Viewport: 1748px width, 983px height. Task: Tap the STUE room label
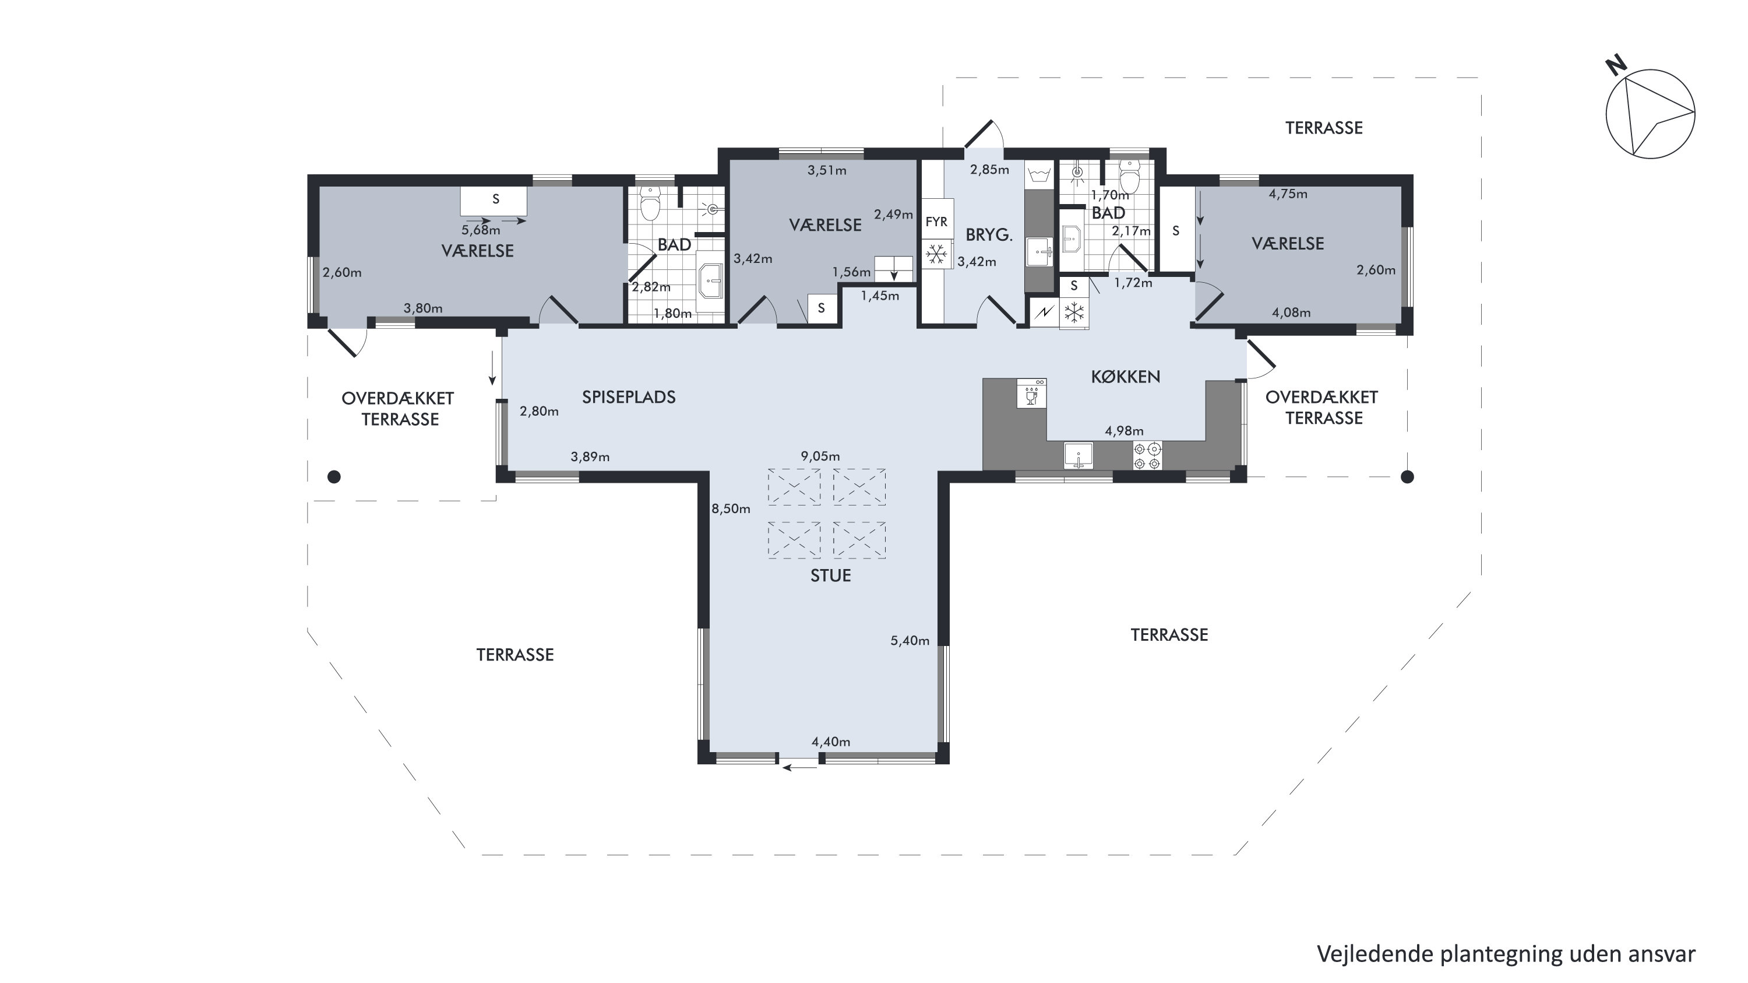pyautogui.click(x=830, y=575)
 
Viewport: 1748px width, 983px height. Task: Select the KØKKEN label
pyautogui.click(x=1126, y=377)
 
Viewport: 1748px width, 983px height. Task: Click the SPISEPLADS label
pyautogui.click(x=629, y=397)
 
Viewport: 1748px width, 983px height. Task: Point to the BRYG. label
pyautogui.click(x=989, y=235)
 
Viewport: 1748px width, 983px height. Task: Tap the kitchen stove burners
pyautogui.click(x=1147, y=455)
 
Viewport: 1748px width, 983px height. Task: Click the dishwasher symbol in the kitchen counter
pyautogui.click(x=1031, y=394)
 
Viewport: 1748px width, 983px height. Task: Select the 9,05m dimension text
pyautogui.click(x=820, y=456)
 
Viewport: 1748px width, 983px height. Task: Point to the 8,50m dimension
pyautogui.click(x=731, y=508)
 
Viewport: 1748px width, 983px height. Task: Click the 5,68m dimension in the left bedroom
pyautogui.click(x=481, y=230)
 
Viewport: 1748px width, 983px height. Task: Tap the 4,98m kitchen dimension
pyautogui.click(x=1125, y=431)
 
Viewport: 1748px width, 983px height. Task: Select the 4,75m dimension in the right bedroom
pyautogui.click(x=1288, y=194)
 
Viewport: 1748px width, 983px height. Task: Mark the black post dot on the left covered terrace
pyautogui.click(x=334, y=478)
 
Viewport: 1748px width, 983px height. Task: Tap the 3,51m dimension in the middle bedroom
pyautogui.click(x=827, y=170)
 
